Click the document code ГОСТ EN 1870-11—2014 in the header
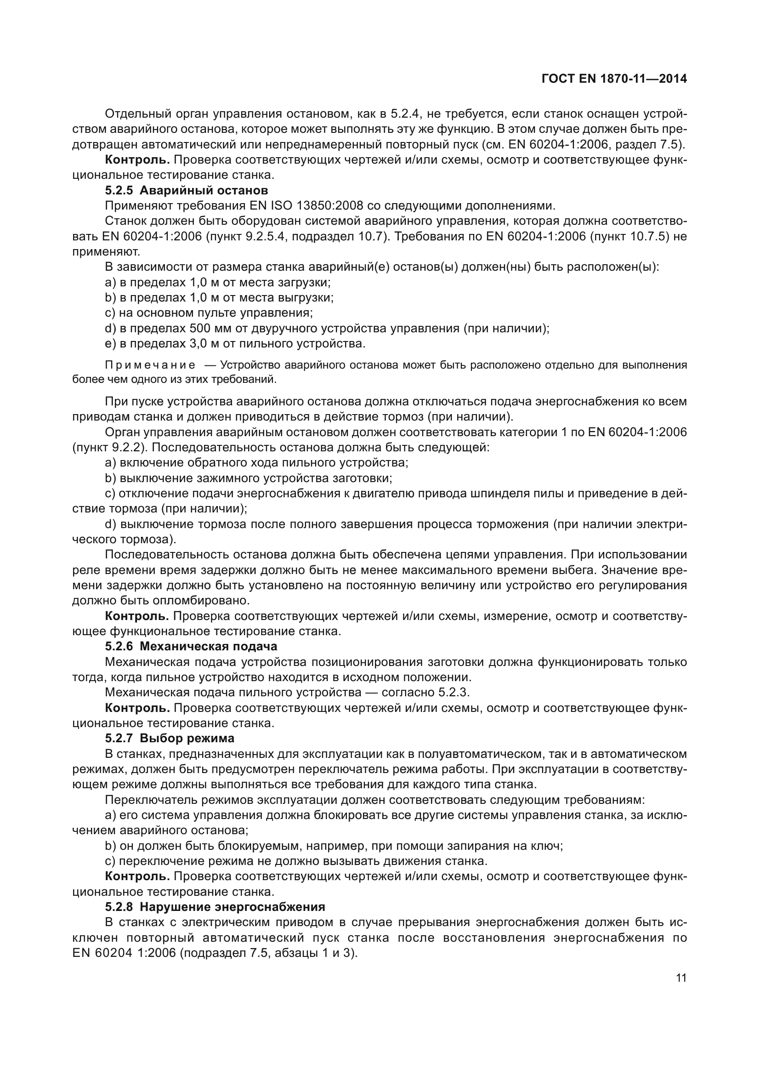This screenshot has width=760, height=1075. tap(614, 79)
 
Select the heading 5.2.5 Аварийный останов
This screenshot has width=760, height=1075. tap(186, 191)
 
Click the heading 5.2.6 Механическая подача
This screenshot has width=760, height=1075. tap(191, 647)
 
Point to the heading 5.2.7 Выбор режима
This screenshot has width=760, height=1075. tap(170, 739)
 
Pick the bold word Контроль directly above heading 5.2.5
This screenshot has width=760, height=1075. tap(137, 159)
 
